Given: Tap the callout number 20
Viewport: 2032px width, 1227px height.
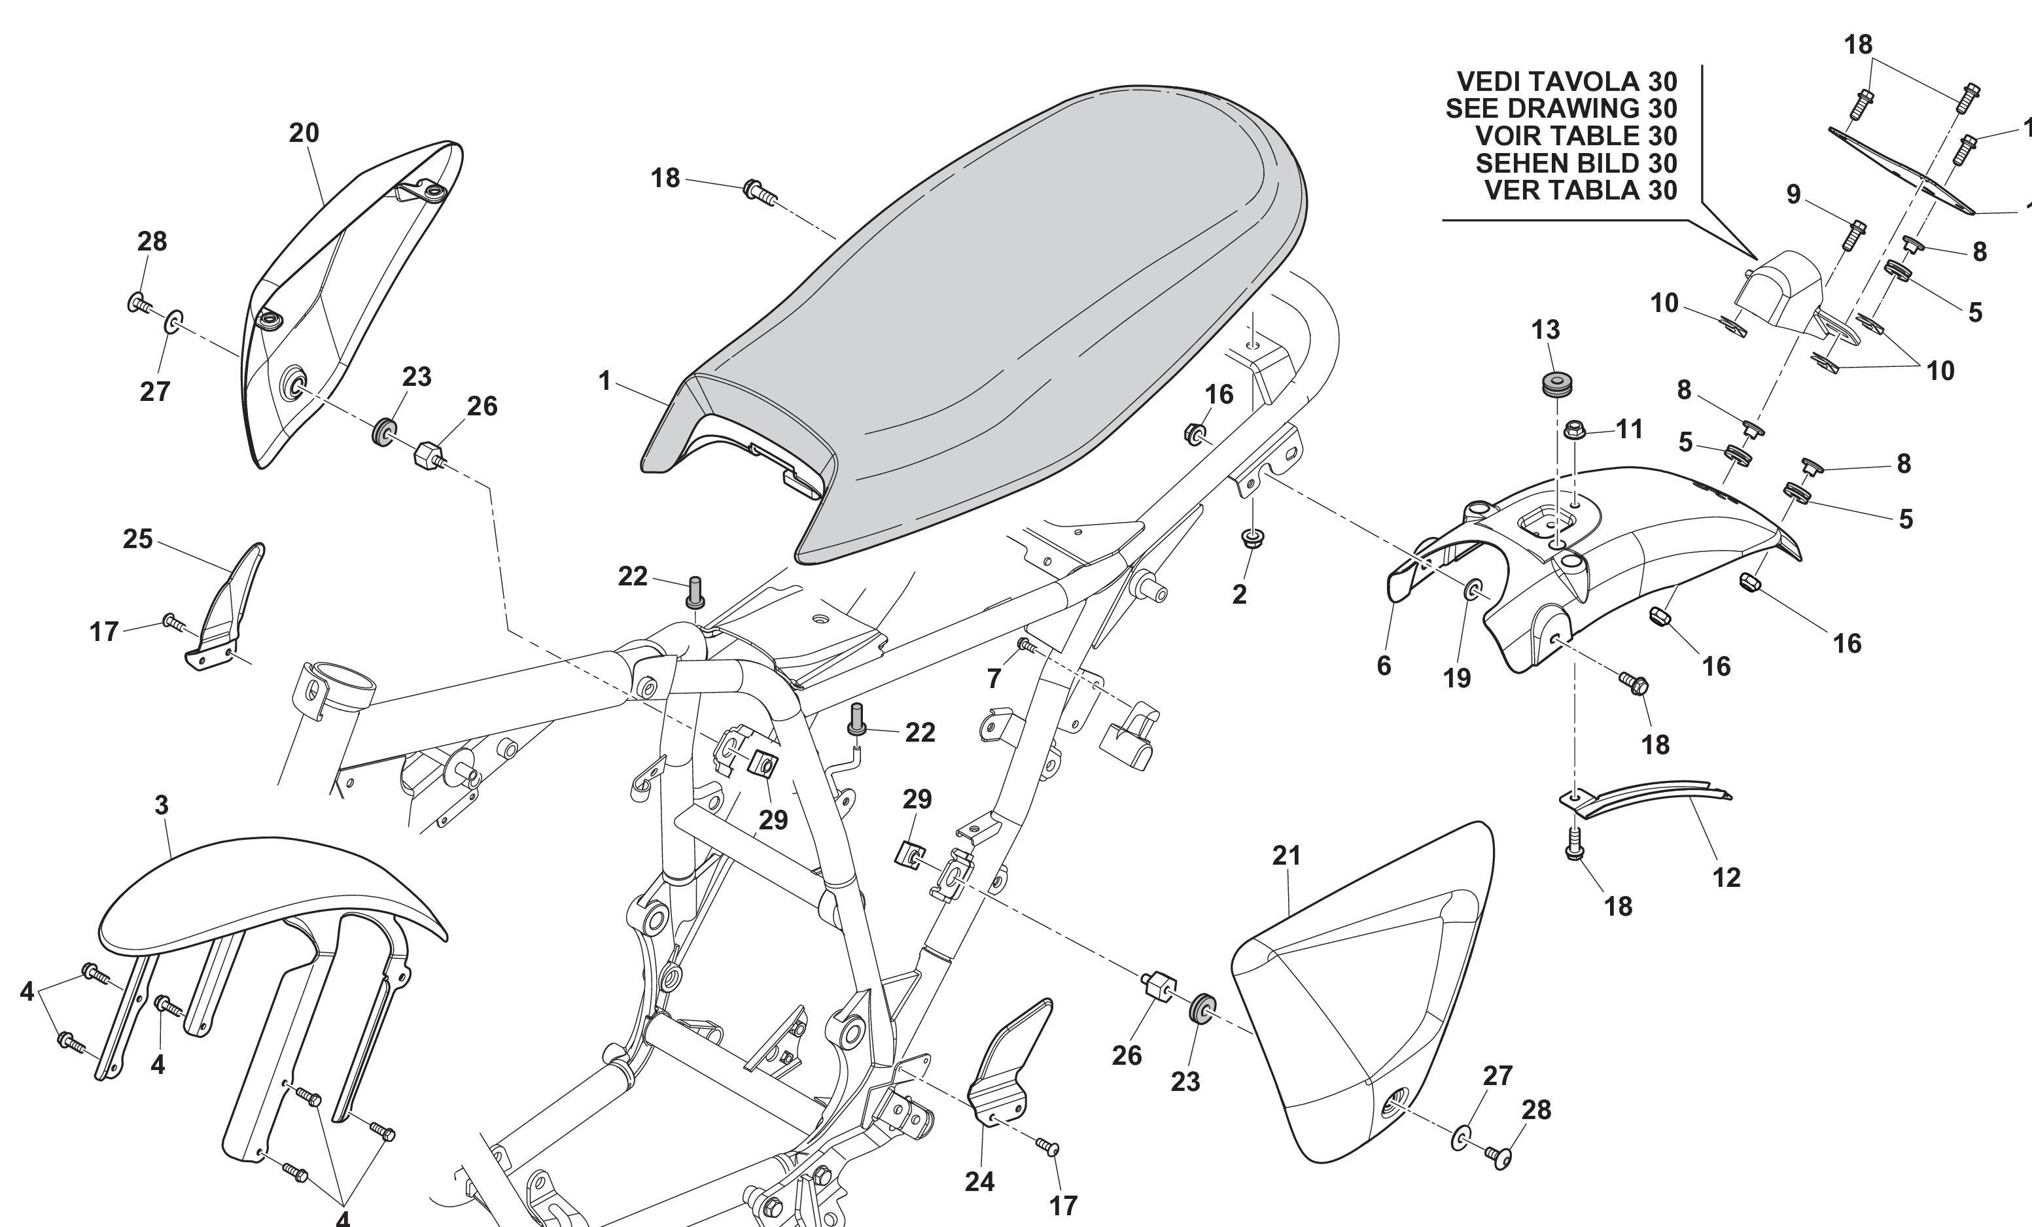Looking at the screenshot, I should tap(304, 133).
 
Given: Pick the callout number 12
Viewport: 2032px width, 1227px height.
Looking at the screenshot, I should tap(1726, 877).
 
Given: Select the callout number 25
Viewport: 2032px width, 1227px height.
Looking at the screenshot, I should tap(138, 540).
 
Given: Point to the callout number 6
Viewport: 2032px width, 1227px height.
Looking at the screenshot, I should tap(1384, 665).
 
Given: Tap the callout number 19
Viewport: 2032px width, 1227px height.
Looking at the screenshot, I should tap(1456, 678).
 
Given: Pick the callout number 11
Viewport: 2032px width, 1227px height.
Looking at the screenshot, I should tap(1629, 429).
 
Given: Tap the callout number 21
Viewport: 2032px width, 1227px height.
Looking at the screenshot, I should tap(1286, 856).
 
